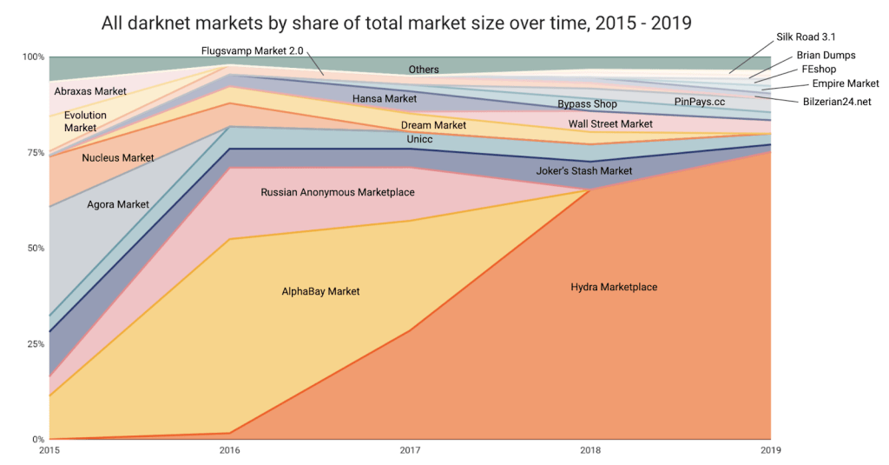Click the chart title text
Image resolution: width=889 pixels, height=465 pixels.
point(396,23)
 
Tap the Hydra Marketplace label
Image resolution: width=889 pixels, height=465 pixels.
point(614,287)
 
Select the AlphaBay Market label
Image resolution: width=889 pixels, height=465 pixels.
point(320,291)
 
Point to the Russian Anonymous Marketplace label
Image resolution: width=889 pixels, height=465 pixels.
point(338,191)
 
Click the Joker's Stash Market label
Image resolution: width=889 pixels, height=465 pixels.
point(584,170)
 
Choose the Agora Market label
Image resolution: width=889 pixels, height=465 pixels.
point(118,204)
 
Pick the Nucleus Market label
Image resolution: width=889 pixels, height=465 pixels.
point(118,157)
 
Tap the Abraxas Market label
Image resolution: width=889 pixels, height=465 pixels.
point(90,90)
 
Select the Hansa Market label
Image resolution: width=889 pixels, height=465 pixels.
point(385,98)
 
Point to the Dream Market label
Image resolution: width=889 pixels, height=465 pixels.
point(433,125)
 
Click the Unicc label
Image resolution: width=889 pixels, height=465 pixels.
point(419,139)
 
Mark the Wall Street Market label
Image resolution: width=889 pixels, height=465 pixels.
point(610,123)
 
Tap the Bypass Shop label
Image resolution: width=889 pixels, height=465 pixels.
point(587,104)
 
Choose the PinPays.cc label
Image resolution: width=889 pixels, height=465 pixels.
point(700,102)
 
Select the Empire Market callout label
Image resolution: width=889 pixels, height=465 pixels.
point(846,83)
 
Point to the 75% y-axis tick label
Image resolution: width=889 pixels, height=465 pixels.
point(33,152)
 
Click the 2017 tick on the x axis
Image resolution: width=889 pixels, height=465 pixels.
point(410,450)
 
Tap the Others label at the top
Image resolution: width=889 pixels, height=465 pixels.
point(424,69)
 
